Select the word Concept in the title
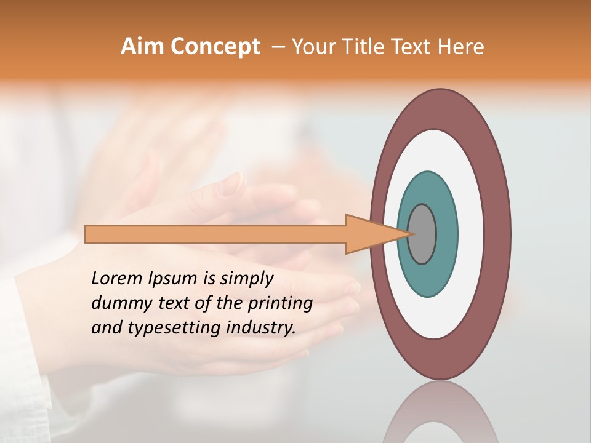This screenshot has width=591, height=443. point(215,47)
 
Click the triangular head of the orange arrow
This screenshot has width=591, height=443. point(369,234)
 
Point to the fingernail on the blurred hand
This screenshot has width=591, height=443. point(233,183)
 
